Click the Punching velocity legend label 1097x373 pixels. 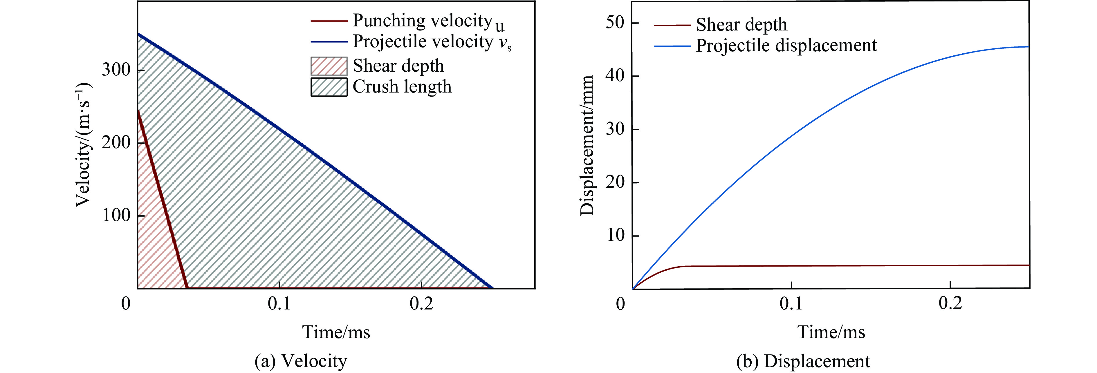[428, 21]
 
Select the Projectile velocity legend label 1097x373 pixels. [431, 42]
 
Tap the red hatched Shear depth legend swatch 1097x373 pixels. [329, 66]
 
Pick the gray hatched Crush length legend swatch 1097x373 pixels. [329, 87]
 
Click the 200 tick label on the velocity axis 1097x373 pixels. [116, 142]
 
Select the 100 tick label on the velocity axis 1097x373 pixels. [116, 215]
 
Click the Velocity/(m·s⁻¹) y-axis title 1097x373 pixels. [84, 145]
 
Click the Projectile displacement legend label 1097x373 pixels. [786, 46]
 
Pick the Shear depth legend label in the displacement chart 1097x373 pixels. [741, 25]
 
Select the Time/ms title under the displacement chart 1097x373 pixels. [831, 332]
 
